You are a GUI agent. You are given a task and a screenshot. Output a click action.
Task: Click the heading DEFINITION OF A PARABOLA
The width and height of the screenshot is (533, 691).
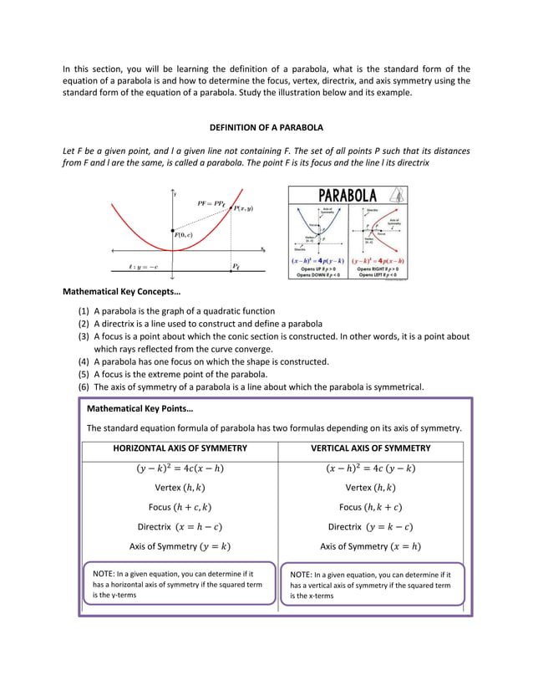266,127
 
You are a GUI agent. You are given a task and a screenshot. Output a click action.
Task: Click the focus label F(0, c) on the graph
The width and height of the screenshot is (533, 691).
183,235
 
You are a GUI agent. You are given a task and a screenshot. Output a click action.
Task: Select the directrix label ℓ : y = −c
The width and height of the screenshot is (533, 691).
143,268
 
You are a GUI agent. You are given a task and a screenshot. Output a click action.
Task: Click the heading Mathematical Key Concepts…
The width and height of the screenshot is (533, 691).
122,292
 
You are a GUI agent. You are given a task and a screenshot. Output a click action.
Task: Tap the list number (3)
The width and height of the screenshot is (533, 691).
84,336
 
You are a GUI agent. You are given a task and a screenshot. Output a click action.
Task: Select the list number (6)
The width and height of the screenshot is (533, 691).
84,386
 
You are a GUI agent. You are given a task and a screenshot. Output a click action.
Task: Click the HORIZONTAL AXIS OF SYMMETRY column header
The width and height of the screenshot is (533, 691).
180,449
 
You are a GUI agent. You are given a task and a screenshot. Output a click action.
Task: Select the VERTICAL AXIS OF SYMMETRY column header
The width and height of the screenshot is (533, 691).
370,449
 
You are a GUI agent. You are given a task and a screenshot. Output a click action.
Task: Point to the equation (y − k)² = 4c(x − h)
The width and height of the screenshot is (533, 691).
180,468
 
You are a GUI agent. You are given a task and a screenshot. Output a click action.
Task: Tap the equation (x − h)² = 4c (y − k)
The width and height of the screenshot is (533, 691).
370,468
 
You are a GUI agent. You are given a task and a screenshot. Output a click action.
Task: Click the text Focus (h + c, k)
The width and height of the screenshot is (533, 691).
180,507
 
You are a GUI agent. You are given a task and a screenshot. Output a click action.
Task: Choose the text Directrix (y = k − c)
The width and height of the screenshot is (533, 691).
370,527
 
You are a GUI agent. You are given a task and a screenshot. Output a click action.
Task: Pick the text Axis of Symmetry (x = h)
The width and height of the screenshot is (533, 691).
370,547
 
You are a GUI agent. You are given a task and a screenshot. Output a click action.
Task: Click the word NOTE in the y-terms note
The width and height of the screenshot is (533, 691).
105,575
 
